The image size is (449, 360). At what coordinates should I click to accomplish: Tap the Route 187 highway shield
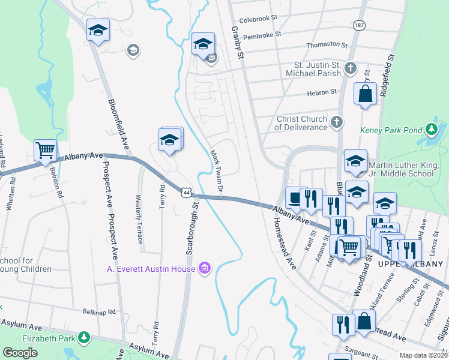pyautogui.click(x=358, y=25)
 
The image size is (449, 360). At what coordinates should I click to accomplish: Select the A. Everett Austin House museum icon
pyautogui.click(x=204, y=268)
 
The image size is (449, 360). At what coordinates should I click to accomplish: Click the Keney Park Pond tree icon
pyautogui.click(x=430, y=130)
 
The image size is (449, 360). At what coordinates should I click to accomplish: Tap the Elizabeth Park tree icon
pyautogui.click(x=85, y=338)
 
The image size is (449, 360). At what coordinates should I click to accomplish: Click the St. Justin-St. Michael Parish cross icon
pyautogui.click(x=351, y=69)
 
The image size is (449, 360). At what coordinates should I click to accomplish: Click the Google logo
pyautogui.click(x=20, y=353)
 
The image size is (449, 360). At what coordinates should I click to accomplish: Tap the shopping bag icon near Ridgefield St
pyautogui.click(x=365, y=94)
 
